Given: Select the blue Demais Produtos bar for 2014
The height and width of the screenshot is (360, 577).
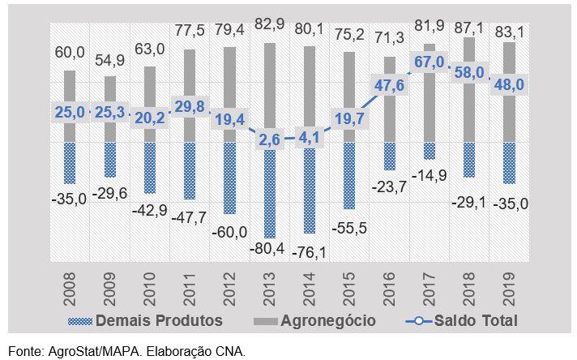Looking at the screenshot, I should click(309, 188).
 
